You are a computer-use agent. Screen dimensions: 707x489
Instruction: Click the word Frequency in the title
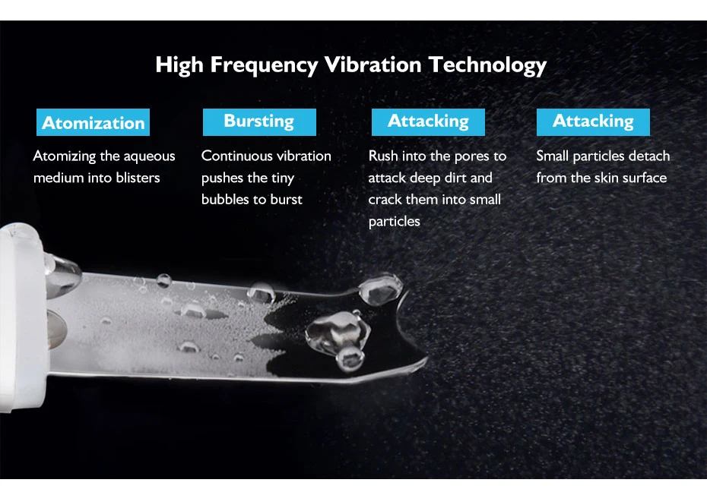(265, 65)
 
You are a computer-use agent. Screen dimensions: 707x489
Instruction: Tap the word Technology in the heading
(487, 65)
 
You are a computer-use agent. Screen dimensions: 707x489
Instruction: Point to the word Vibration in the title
(373, 65)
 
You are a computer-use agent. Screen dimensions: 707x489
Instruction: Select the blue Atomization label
(93, 122)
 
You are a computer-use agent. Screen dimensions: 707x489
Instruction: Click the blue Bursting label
(259, 122)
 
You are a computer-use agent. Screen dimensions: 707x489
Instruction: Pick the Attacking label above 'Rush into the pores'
(428, 122)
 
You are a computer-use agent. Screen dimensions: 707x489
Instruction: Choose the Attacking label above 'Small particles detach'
(594, 122)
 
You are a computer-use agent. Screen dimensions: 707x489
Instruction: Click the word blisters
(138, 178)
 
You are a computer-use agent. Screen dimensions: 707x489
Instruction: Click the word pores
(471, 157)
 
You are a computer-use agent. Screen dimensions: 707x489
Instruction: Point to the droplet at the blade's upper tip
(381, 289)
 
